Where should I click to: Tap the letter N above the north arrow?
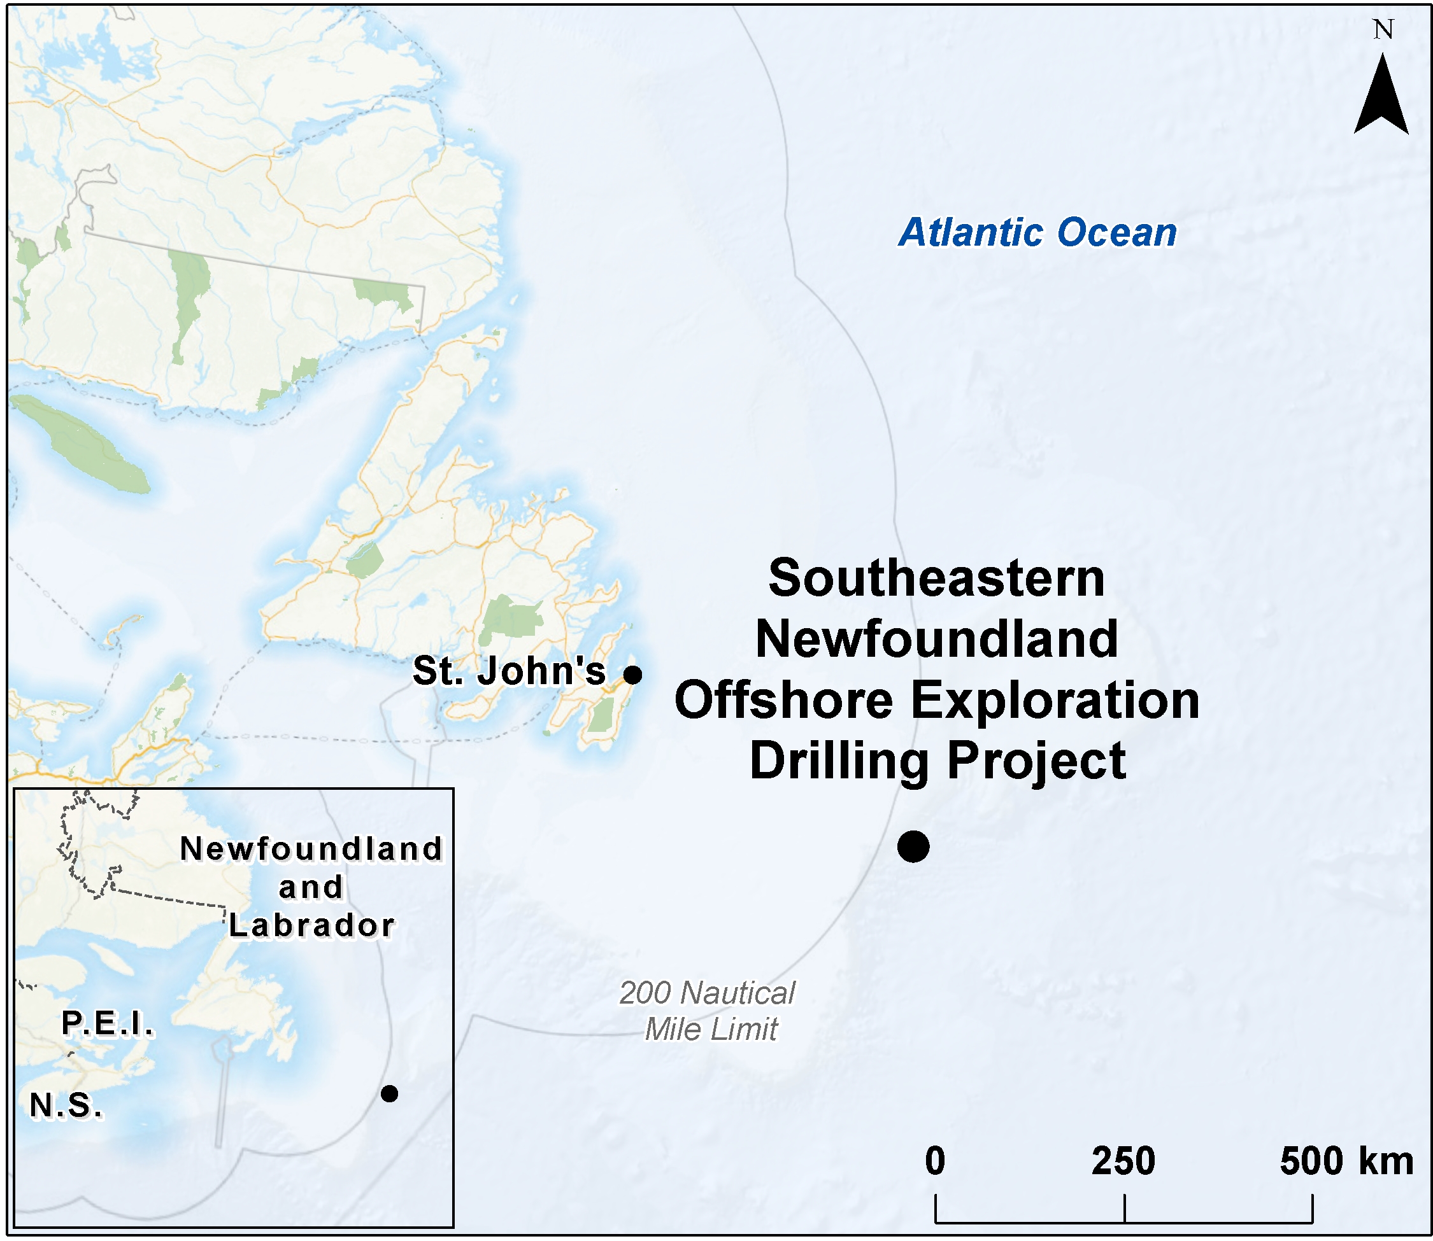click(1383, 30)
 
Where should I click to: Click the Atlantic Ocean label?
click(1037, 233)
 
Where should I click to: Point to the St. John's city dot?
click(632, 674)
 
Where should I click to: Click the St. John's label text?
click(509, 671)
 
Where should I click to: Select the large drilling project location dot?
click(913, 846)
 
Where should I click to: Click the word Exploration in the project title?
click(1055, 699)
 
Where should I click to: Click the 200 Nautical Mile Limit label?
click(708, 1011)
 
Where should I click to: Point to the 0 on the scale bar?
click(935, 1161)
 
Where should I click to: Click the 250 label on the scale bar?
click(1123, 1161)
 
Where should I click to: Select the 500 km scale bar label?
click(1346, 1161)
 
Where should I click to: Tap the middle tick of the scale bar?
click(1124, 1209)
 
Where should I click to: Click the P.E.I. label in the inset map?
click(108, 1023)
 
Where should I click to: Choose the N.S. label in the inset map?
click(66, 1105)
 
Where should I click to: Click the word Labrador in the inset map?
click(312, 926)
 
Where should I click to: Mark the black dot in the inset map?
click(389, 1093)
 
